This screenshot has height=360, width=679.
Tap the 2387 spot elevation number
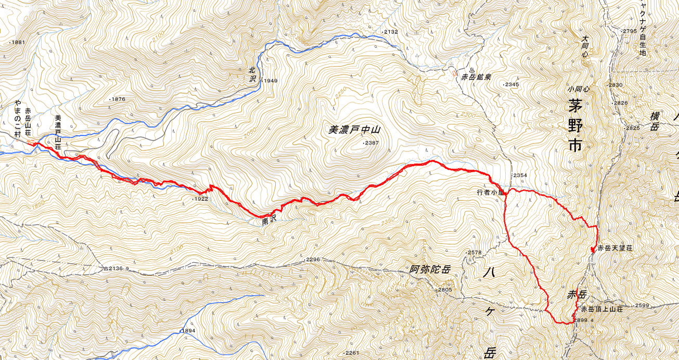click(x=372, y=142)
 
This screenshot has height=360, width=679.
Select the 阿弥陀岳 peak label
click(x=430, y=269)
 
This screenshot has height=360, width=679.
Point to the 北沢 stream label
click(x=253, y=73)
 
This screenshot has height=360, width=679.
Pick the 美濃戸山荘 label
click(x=58, y=133)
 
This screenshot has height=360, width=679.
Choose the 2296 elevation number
click(x=312, y=259)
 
